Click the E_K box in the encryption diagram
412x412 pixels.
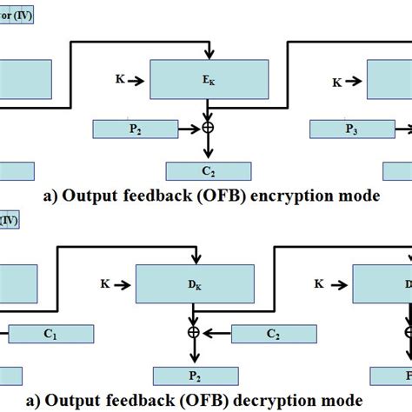pos(206,79)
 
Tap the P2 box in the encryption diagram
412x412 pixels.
pos(134,130)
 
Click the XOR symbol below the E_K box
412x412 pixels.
pos(207,129)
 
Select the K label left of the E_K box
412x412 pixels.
pos(119,79)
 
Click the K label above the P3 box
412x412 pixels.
pos(336,83)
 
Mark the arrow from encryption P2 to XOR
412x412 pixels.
pos(188,129)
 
